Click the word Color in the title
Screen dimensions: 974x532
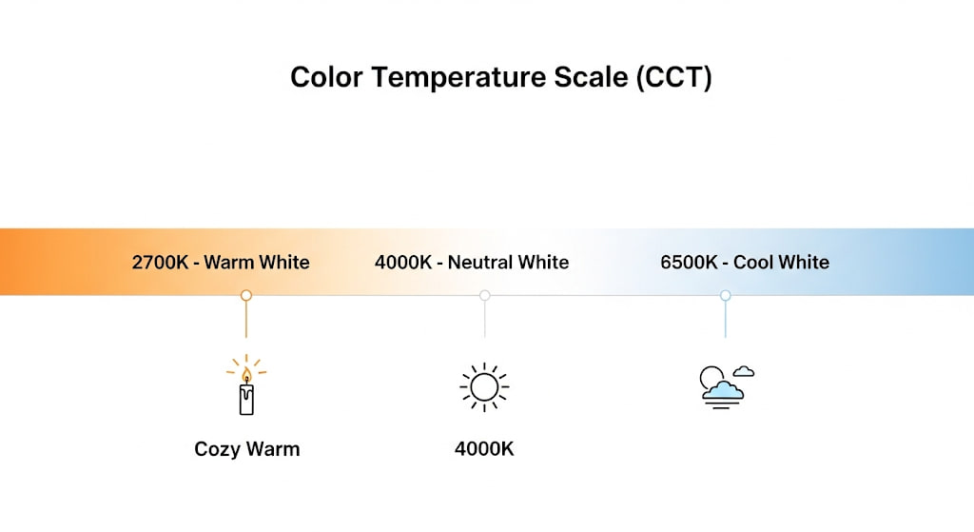[326, 78]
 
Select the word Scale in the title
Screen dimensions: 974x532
[591, 78]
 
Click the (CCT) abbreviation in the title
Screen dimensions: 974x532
[674, 78]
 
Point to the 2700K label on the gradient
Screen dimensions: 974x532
[160, 263]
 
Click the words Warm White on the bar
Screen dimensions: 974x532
[257, 263]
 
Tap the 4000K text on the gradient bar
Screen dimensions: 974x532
[403, 263]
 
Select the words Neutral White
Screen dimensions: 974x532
[508, 263]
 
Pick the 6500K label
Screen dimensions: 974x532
[689, 263]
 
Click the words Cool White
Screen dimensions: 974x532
[782, 263]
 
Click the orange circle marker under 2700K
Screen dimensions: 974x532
[246, 295]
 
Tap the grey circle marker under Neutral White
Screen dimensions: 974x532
[484, 295]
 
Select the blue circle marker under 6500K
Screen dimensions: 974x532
[725, 295]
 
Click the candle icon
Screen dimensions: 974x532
[246, 384]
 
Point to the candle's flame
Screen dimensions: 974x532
[246, 375]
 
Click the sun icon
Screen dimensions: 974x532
[484, 387]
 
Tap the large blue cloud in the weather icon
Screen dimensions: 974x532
[723, 391]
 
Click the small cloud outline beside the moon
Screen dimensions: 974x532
[744, 372]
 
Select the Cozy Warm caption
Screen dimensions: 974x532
[247, 449]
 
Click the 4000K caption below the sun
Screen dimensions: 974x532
[484, 448]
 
